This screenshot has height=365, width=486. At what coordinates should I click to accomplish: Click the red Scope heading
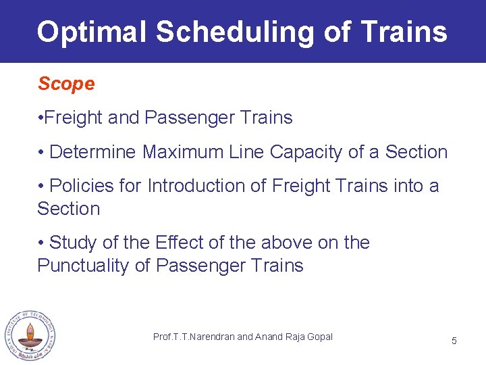[66, 84]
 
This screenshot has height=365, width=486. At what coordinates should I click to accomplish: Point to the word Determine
[93, 152]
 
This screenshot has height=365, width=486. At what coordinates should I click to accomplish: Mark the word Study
[74, 243]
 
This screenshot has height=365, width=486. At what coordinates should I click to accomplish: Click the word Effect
[177, 243]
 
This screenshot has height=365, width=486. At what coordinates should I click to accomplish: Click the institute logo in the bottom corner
[30, 336]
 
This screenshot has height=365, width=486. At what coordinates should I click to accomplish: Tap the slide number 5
[454, 341]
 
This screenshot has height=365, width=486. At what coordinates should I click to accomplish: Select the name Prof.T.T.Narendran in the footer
[194, 337]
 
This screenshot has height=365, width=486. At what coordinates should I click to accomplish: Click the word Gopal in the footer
[319, 337]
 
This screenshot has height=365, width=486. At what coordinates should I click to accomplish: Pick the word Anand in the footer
[269, 337]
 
